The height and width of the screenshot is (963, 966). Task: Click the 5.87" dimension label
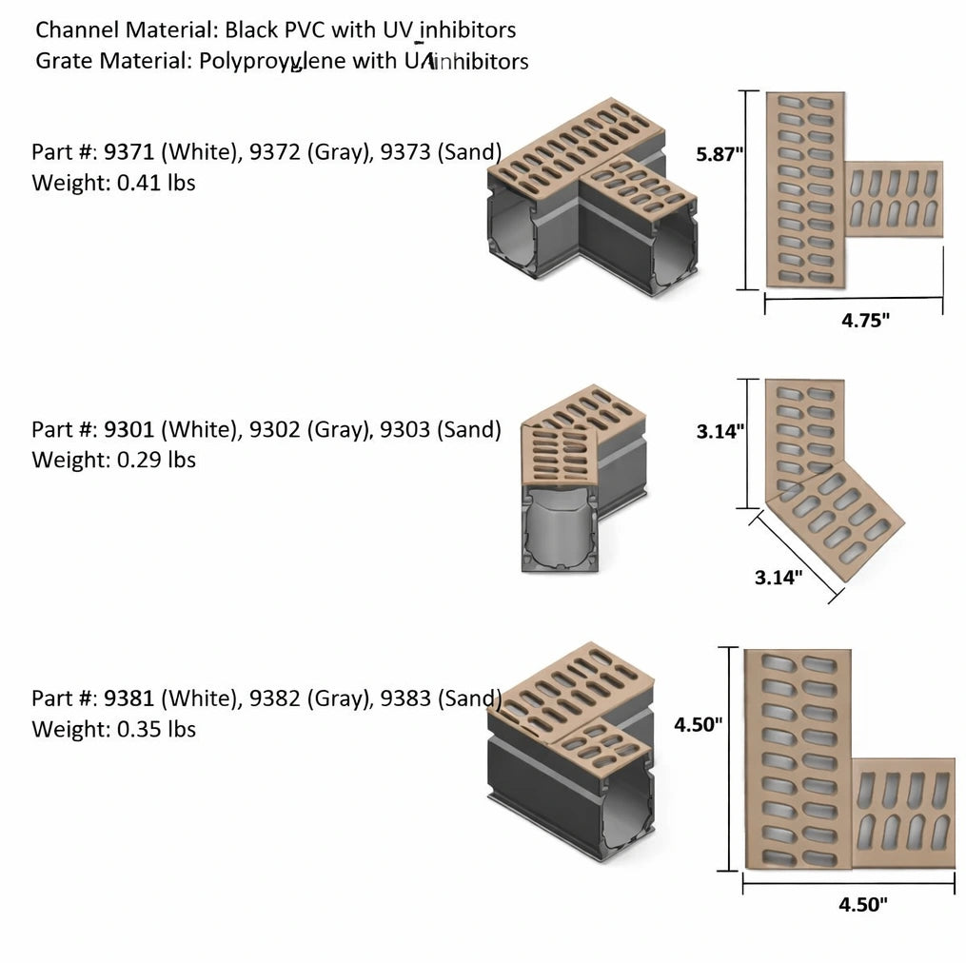[x=720, y=154]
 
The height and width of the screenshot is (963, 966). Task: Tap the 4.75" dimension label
[x=864, y=320]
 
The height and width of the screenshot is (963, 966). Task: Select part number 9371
[x=126, y=152]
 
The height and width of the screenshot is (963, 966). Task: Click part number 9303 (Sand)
[x=440, y=429]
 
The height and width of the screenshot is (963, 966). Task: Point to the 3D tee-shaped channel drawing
[x=590, y=200]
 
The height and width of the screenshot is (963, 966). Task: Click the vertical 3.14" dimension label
[x=720, y=431]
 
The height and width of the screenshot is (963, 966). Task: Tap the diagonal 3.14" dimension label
[x=778, y=577]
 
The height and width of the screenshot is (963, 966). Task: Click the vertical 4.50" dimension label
[x=699, y=724]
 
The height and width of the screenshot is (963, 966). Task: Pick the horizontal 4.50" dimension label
[x=862, y=905]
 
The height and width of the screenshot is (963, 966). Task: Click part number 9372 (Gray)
[x=308, y=152]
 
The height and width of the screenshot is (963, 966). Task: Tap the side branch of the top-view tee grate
[x=895, y=199]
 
